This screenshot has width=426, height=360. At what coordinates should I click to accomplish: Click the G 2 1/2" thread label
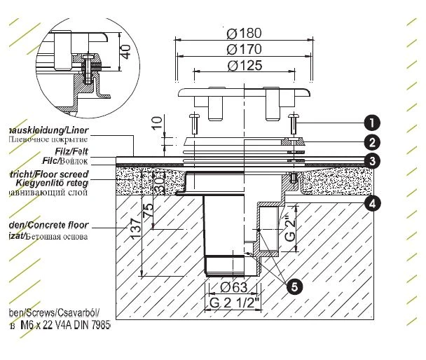231,304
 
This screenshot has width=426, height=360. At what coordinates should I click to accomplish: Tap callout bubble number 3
368,160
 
